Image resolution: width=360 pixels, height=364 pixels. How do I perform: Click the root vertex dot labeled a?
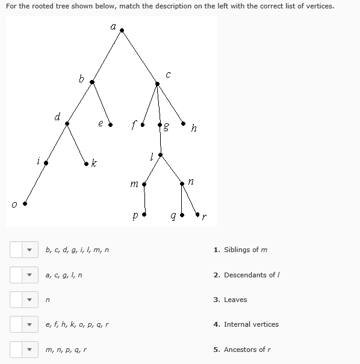[122, 30]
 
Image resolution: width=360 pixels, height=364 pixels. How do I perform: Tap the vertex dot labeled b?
[92, 82]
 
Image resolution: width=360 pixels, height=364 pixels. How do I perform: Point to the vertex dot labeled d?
[67, 123]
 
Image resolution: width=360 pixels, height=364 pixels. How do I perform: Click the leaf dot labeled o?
[25, 204]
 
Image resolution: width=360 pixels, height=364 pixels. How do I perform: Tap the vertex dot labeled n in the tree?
[182, 183]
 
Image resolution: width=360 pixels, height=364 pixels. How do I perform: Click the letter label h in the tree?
[193, 128]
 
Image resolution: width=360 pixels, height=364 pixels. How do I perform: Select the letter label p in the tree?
[136, 214]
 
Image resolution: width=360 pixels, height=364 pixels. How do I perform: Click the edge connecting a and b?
[107, 56]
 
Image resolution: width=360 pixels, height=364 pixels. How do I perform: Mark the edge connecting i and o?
[34, 184]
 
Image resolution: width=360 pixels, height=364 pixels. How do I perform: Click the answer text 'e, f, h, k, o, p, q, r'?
[78, 324]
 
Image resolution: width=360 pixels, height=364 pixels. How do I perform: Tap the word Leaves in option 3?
[235, 300]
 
